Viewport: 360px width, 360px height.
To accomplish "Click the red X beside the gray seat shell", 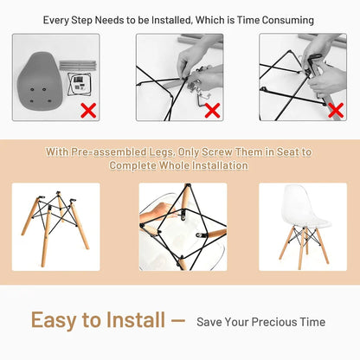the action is point(88,111).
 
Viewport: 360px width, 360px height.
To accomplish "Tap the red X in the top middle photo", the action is point(213,111).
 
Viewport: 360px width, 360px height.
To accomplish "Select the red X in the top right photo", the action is point(336,111).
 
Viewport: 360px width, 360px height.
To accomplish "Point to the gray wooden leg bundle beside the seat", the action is point(78,65).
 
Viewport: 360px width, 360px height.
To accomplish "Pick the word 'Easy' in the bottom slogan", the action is point(54,321).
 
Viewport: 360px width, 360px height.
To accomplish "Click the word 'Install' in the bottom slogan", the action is point(136,319).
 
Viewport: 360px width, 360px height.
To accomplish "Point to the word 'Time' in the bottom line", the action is point(312,322).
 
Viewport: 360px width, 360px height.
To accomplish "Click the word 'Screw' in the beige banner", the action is point(216,152).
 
